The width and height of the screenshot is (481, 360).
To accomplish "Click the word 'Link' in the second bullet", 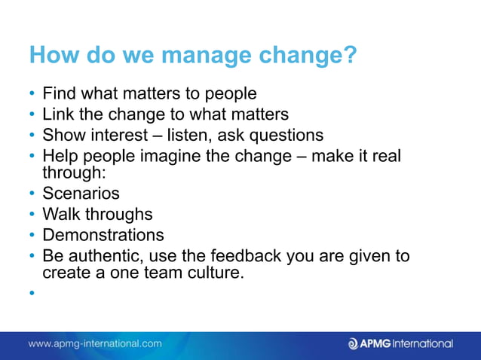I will (x=59, y=114).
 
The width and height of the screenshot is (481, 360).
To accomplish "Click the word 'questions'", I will (x=287, y=136).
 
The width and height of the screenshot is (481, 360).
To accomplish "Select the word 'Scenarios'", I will (x=81, y=194).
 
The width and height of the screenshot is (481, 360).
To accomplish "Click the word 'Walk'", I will (x=60, y=214).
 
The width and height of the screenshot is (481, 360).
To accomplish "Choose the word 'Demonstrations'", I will (x=103, y=234).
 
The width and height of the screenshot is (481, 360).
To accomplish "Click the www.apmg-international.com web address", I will (x=95, y=343).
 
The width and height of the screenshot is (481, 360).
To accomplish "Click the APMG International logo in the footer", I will (x=400, y=343).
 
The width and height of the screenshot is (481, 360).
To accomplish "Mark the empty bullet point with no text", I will (x=33, y=294).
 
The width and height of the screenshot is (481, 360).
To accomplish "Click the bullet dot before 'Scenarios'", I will (x=33, y=194).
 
